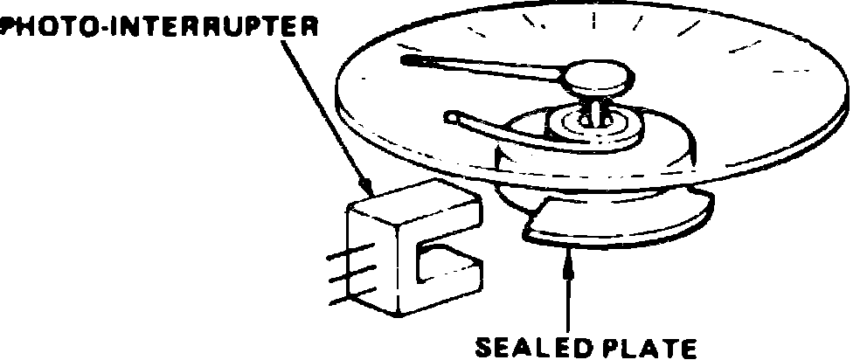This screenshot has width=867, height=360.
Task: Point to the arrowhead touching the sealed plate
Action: point(570,254)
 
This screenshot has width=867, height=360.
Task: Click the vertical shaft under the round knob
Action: point(598,109)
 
